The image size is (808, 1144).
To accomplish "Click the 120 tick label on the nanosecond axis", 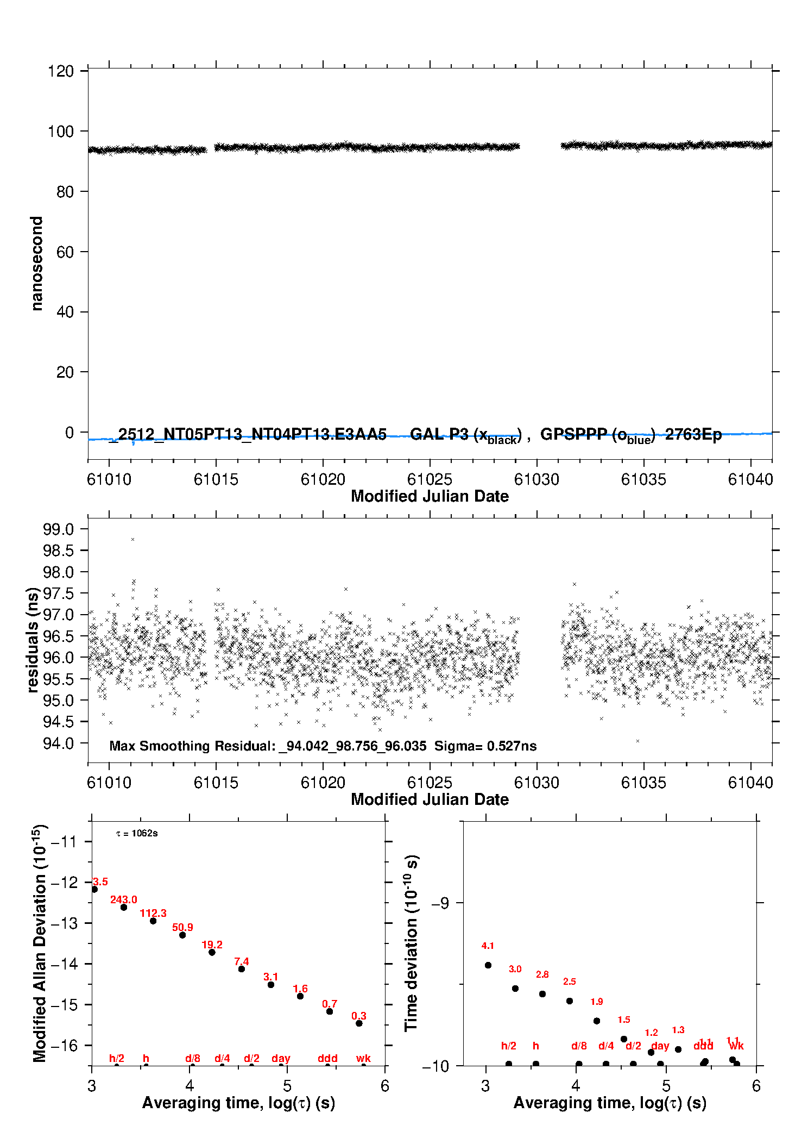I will [60, 71].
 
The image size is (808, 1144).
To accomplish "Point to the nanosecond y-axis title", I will [36, 264].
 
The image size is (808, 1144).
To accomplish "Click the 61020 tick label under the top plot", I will [323, 480].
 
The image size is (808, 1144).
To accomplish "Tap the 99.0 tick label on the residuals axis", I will [58, 529].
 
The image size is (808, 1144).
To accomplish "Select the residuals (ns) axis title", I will [33, 640].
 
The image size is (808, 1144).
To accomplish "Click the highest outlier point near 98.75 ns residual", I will [132, 539].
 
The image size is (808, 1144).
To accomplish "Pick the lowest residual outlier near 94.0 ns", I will [637, 741].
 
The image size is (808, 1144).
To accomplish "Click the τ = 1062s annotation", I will [137, 833].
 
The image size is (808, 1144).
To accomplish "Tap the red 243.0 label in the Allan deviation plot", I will [124, 899].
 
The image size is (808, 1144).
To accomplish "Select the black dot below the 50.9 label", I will [182, 935].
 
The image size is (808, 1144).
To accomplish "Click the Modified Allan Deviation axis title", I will [40, 943].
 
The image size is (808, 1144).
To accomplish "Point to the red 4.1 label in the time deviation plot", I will [488, 946].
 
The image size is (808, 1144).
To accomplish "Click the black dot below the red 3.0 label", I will [515, 988].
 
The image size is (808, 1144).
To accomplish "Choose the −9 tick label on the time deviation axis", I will [440, 903].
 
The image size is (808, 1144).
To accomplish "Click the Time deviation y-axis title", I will [412, 943].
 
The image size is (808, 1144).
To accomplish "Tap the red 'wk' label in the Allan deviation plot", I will [363, 1058].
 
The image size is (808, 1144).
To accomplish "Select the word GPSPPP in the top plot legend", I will [573, 434].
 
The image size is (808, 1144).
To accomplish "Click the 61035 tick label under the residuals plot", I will [643, 783].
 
